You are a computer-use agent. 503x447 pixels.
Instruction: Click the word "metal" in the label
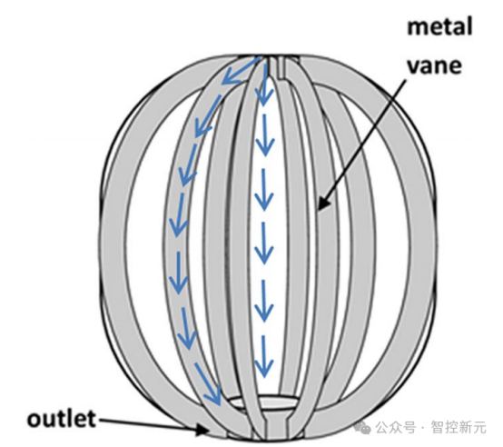coord(439,26)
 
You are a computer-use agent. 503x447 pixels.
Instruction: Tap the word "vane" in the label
coord(434,66)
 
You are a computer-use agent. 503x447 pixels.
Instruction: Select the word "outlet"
coord(62,419)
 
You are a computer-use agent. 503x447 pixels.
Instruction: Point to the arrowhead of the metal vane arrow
coord(323,202)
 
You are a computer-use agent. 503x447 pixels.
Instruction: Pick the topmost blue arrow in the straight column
coord(264,84)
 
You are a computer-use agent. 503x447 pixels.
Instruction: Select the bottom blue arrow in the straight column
coord(264,356)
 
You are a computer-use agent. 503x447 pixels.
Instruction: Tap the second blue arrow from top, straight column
coord(264,135)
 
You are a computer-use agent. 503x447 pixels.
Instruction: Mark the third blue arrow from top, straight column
coord(264,190)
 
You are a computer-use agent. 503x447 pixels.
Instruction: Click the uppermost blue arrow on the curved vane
coord(242,71)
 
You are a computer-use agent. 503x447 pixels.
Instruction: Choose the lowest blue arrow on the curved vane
coord(208,383)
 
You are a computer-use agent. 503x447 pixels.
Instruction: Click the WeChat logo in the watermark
coord(362,427)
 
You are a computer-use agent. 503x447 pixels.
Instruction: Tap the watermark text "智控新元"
coord(459,427)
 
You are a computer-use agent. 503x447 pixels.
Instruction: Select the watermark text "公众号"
coord(395,427)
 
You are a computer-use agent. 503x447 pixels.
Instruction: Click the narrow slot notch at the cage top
coord(276,67)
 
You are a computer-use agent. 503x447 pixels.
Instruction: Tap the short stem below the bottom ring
coord(275,426)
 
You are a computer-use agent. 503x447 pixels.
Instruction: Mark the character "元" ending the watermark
coord(479,427)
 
